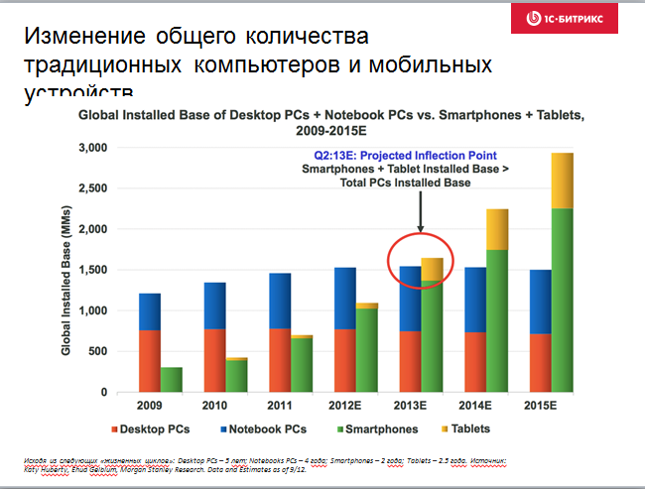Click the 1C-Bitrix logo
(576, 19)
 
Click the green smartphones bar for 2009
(172, 380)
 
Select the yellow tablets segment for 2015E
(563, 181)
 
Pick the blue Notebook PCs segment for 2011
(279, 301)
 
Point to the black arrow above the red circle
(421, 212)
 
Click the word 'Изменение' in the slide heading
(80, 38)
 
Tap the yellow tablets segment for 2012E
(368, 306)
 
